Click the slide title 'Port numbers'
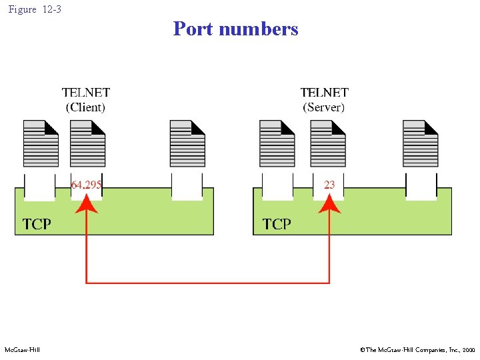pyautogui.click(x=235, y=29)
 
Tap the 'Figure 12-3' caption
pyautogui.click(x=34, y=9)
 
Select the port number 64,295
pyautogui.click(x=87, y=185)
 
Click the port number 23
pyautogui.click(x=329, y=185)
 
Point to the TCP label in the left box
pyautogui.click(x=37, y=224)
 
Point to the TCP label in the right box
pyautogui.click(x=277, y=224)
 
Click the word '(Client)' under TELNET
pyautogui.click(x=85, y=107)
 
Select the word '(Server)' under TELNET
pyautogui.click(x=324, y=107)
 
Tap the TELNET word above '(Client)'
pyautogui.click(x=86, y=93)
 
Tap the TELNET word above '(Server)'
pyautogui.click(x=325, y=93)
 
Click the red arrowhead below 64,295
pyautogui.click(x=86, y=204)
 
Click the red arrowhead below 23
pyautogui.click(x=329, y=204)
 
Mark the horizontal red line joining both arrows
pyautogui.click(x=207, y=283)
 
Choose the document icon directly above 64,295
pyautogui.click(x=87, y=143)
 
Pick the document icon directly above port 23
pyautogui.click(x=328, y=143)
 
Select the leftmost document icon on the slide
pyautogui.click(x=41, y=143)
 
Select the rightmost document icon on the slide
pyautogui.click(x=421, y=143)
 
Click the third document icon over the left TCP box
pyautogui.click(x=187, y=143)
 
